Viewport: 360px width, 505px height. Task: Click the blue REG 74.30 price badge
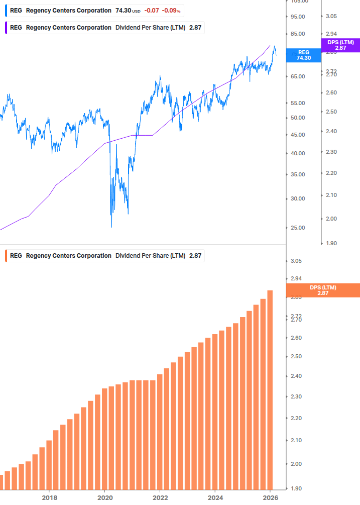click(x=303, y=55)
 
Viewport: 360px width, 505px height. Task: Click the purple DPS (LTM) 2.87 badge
click(x=340, y=45)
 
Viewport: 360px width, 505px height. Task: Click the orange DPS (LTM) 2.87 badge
click(x=322, y=290)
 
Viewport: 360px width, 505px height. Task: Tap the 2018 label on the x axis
click(x=49, y=497)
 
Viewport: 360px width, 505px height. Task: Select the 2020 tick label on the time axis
click(x=104, y=497)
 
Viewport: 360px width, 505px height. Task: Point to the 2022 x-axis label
click(x=160, y=497)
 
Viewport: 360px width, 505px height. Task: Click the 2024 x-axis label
click(x=215, y=497)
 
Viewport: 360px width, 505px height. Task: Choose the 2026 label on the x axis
click(x=270, y=497)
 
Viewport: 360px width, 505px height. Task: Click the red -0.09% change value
click(x=171, y=11)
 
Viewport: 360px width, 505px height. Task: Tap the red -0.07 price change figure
click(x=152, y=11)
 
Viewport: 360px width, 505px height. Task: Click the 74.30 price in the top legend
click(x=124, y=11)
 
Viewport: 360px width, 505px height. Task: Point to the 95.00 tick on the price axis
click(x=298, y=17)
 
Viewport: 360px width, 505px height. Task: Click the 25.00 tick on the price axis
click(x=298, y=228)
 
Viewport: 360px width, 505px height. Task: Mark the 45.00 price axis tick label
click(x=298, y=135)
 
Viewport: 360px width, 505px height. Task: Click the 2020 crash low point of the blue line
click(x=111, y=227)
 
